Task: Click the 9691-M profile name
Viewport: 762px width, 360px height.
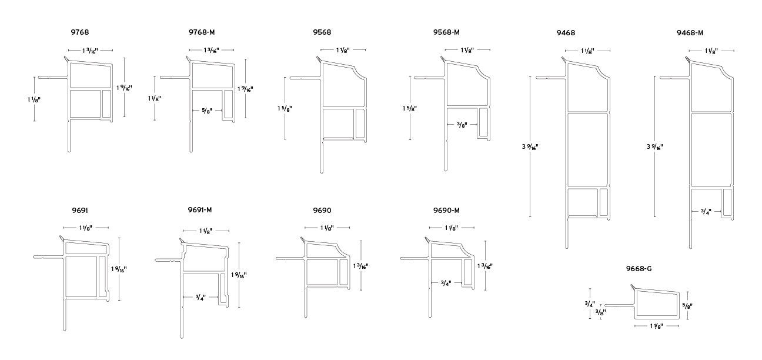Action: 200,209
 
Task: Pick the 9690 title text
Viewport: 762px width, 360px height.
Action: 323,209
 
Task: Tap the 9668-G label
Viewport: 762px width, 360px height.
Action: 639,269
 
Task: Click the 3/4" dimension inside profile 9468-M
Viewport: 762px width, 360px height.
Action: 706,211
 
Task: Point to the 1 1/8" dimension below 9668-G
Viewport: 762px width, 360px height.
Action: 657,325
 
